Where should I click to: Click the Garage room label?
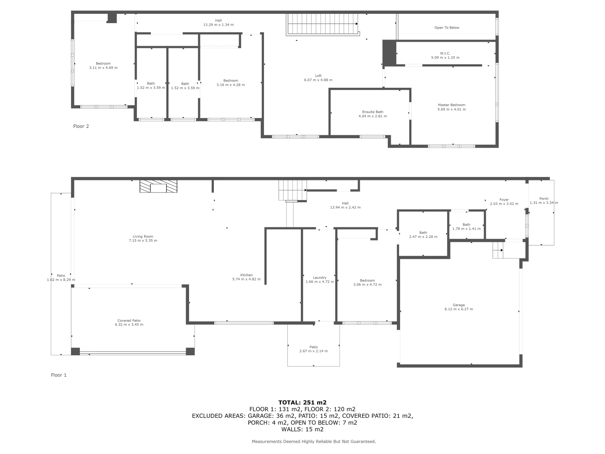pyautogui.click(x=458, y=305)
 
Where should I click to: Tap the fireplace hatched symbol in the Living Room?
pyautogui.click(x=158, y=187)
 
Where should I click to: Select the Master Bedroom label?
pyautogui.click(x=451, y=105)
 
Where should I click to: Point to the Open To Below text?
pyautogui.click(x=447, y=28)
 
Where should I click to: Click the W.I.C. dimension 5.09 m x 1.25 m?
pyautogui.click(x=445, y=58)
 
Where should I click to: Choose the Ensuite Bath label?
pyautogui.click(x=373, y=112)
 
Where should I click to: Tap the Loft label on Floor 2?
pyautogui.click(x=318, y=76)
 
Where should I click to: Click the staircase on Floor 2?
pyautogui.click(x=322, y=24)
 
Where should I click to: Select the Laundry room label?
pyautogui.click(x=319, y=277)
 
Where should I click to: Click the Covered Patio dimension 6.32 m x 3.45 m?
pyautogui.click(x=129, y=325)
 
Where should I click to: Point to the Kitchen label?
pyautogui.click(x=246, y=275)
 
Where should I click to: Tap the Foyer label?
pyautogui.click(x=504, y=200)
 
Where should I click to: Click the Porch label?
pyautogui.click(x=544, y=198)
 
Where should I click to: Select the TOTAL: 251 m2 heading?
pyautogui.click(x=302, y=402)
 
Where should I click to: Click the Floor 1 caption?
pyautogui.click(x=59, y=375)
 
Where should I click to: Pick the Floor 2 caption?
pyautogui.click(x=81, y=126)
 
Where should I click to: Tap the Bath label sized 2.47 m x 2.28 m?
pyautogui.click(x=423, y=232)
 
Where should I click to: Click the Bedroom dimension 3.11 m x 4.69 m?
pyautogui.click(x=103, y=68)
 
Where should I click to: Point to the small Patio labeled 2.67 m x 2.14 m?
pyautogui.click(x=313, y=347)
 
